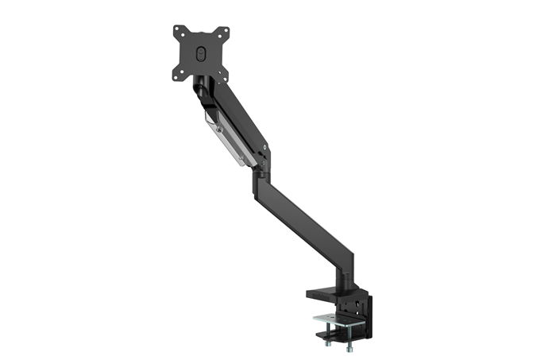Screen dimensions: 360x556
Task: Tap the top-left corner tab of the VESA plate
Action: click(x=176, y=31)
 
